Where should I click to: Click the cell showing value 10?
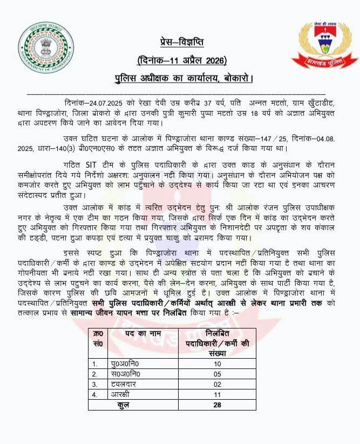(x=218, y=364)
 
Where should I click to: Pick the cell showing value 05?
(x=218, y=374)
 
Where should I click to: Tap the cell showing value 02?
(x=218, y=384)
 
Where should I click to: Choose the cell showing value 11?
(x=218, y=394)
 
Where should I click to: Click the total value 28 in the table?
(x=218, y=405)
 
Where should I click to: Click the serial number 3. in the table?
(x=96, y=384)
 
